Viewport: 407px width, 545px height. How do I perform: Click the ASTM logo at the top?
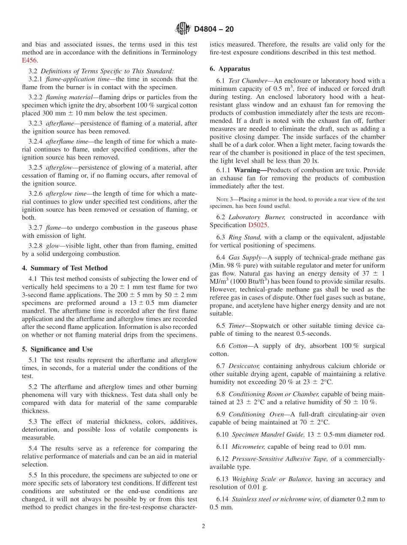[183, 29]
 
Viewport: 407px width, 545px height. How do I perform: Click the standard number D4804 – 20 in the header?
[214, 29]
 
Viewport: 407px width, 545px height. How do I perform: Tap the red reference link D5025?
[258, 225]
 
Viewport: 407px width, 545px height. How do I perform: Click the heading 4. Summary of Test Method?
[65, 268]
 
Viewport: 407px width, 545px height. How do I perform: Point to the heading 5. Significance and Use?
[57, 349]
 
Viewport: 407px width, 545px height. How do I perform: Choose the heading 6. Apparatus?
[230, 69]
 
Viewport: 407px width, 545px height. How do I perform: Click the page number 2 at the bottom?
[203, 527]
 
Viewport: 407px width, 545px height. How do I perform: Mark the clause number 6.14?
[222, 499]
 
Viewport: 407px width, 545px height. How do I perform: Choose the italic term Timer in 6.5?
[237, 325]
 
